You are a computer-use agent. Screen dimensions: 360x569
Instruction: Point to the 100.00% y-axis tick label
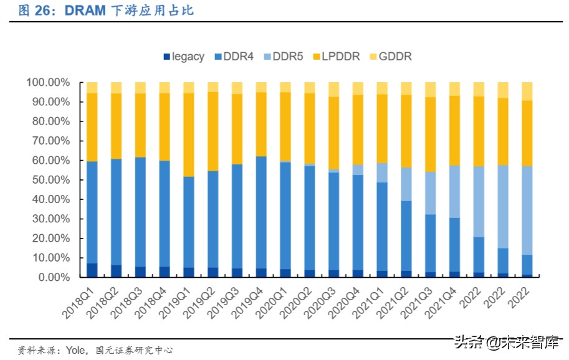(x=47, y=82)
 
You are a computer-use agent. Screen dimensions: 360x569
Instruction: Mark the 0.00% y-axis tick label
(x=52, y=277)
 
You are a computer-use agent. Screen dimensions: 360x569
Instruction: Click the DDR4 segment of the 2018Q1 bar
(x=92, y=212)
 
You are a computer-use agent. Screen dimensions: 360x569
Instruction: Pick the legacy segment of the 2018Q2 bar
(x=116, y=272)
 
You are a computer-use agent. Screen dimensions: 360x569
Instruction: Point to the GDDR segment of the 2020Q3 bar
(x=333, y=89)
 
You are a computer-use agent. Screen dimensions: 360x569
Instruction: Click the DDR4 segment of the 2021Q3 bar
(x=430, y=243)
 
